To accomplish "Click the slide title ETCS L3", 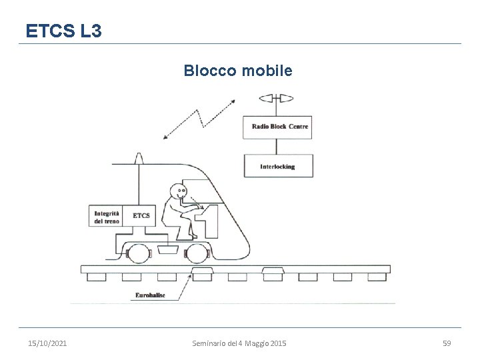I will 63,30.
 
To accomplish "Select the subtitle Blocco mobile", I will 238,70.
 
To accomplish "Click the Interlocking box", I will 278,167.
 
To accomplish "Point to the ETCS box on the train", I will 141,215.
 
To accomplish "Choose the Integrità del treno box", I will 107,215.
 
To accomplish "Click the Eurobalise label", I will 149,293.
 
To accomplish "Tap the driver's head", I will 179,193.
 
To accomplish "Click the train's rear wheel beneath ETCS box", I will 139,254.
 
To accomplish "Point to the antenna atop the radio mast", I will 277,99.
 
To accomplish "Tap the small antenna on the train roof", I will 139,158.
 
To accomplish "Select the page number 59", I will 447,343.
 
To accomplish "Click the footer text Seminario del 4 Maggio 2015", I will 239,343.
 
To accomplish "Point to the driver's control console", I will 209,220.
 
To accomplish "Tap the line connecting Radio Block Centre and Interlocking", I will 277,147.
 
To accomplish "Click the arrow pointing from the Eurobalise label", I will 180,280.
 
